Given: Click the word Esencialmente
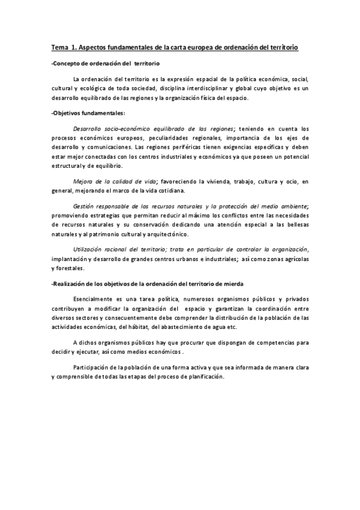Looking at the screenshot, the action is [x=94, y=298].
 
